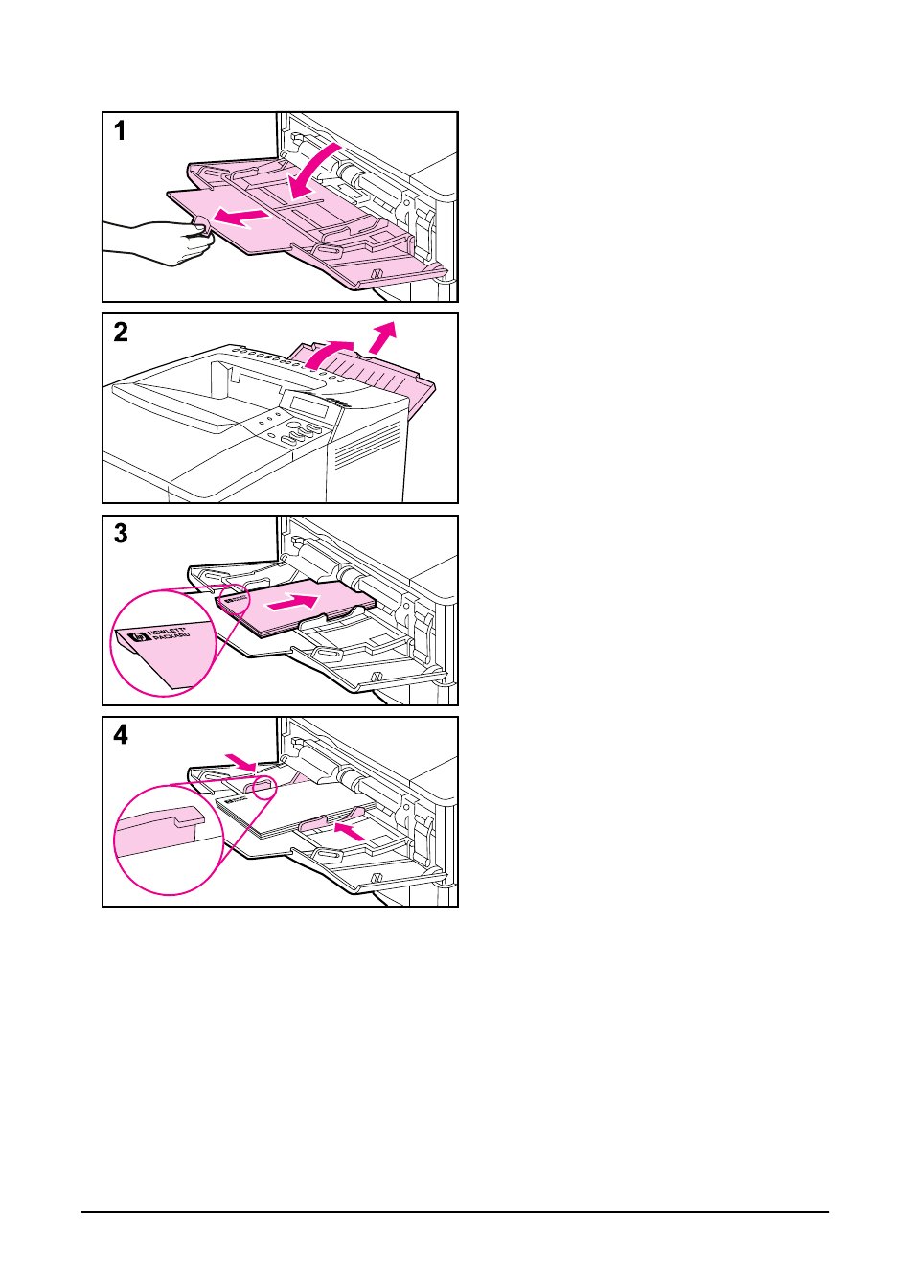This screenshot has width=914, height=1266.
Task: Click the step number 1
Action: tap(120, 130)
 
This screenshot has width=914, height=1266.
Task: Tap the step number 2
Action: tap(121, 332)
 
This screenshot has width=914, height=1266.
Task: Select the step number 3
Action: tap(121, 533)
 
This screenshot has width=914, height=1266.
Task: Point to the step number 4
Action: tap(121, 734)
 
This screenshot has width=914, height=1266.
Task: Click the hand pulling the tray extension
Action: tap(158, 241)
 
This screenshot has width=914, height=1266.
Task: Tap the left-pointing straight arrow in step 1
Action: tap(240, 218)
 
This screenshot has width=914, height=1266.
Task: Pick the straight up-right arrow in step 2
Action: tap(382, 336)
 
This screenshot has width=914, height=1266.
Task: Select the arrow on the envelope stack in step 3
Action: tap(292, 603)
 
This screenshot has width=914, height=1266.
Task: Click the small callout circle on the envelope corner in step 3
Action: tap(233, 597)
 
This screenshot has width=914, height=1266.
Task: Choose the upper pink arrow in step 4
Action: tap(240, 762)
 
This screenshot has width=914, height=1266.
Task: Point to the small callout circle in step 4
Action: tap(263, 789)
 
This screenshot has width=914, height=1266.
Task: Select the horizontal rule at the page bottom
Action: tap(455, 1212)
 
